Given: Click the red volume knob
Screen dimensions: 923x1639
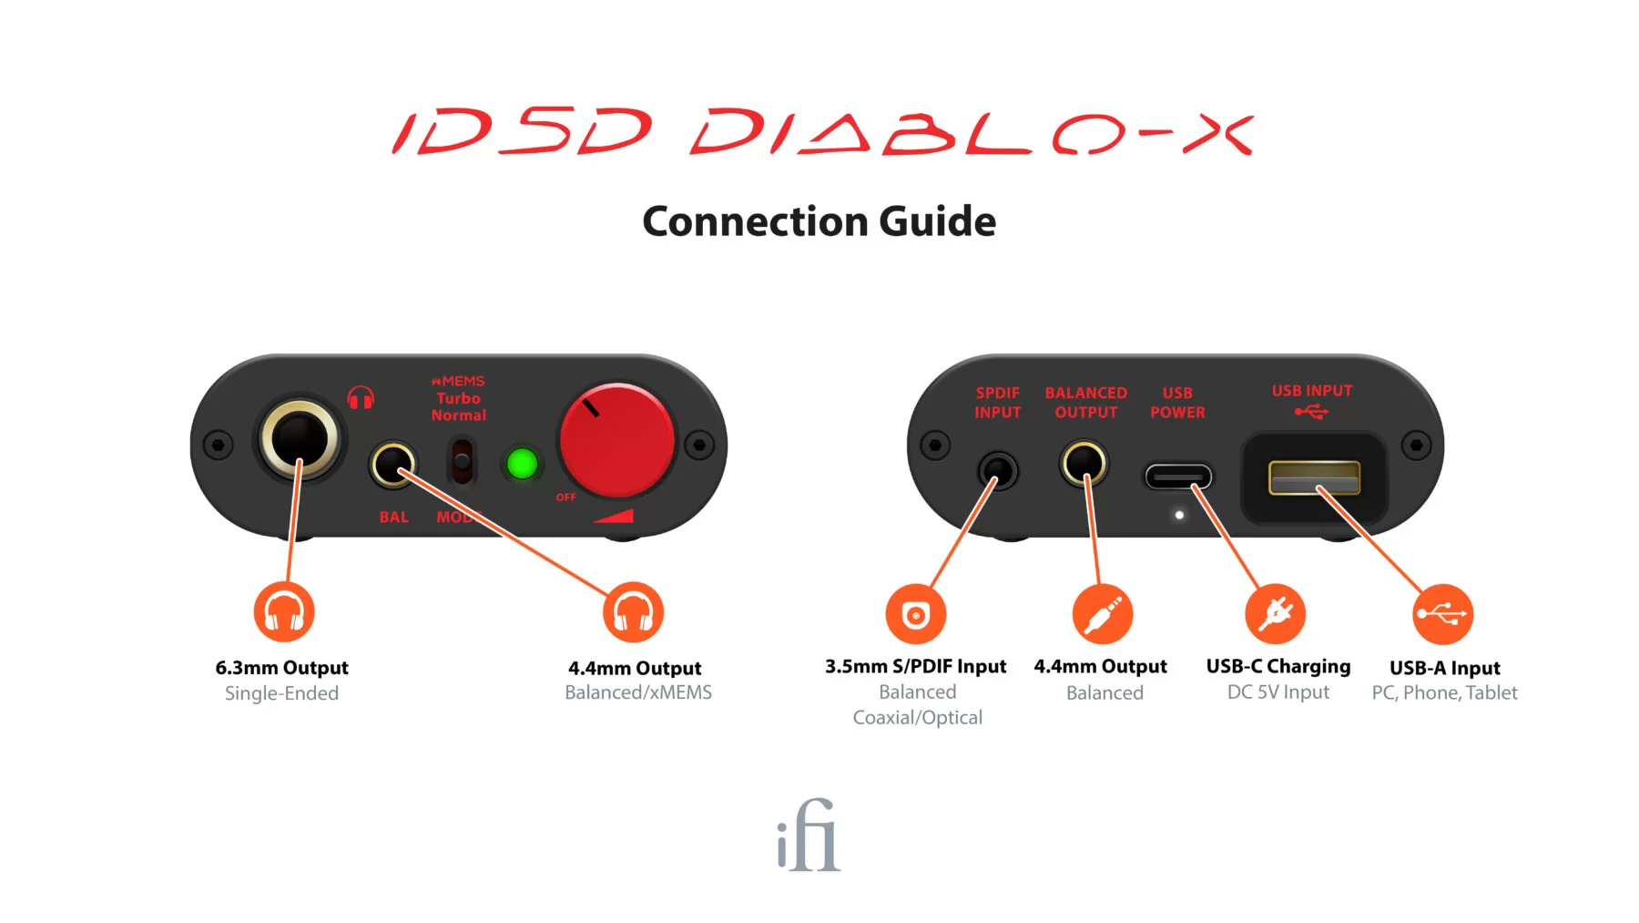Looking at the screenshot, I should click(x=616, y=441).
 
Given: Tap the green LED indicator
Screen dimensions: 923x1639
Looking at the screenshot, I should click(x=522, y=464).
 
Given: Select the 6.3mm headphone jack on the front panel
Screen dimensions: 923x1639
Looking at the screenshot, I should click(x=300, y=438).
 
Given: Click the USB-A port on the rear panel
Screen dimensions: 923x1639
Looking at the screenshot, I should click(x=1314, y=477).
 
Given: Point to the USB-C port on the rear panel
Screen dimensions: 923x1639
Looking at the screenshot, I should click(x=1178, y=477).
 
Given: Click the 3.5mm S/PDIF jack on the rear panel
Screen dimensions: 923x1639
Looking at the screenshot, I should click(x=998, y=471).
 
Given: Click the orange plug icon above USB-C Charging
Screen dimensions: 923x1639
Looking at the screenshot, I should click(x=1275, y=613).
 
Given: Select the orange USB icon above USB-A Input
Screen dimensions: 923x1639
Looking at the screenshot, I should click(x=1442, y=614).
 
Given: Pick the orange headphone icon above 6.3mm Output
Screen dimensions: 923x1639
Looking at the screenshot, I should click(x=284, y=612).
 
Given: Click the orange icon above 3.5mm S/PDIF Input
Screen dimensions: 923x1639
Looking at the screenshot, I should click(x=916, y=614).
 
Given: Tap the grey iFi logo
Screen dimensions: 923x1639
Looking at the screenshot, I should click(x=809, y=836).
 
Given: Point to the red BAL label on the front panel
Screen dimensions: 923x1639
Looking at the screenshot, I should click(x=393, y=517).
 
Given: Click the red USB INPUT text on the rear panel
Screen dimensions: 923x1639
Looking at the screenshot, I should click(x=1312, y=391).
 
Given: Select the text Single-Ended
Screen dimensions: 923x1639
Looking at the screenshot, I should click(x=281, y=693).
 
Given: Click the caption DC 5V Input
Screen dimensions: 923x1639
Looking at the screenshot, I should click(x=1278, y=692).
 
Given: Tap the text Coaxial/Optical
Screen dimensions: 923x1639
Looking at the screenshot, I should click(x=917, y=718).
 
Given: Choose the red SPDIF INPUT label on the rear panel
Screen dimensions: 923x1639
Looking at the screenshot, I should click(x=997, y=403).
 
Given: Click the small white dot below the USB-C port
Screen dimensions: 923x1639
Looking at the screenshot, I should click(x=1179, y=515).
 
